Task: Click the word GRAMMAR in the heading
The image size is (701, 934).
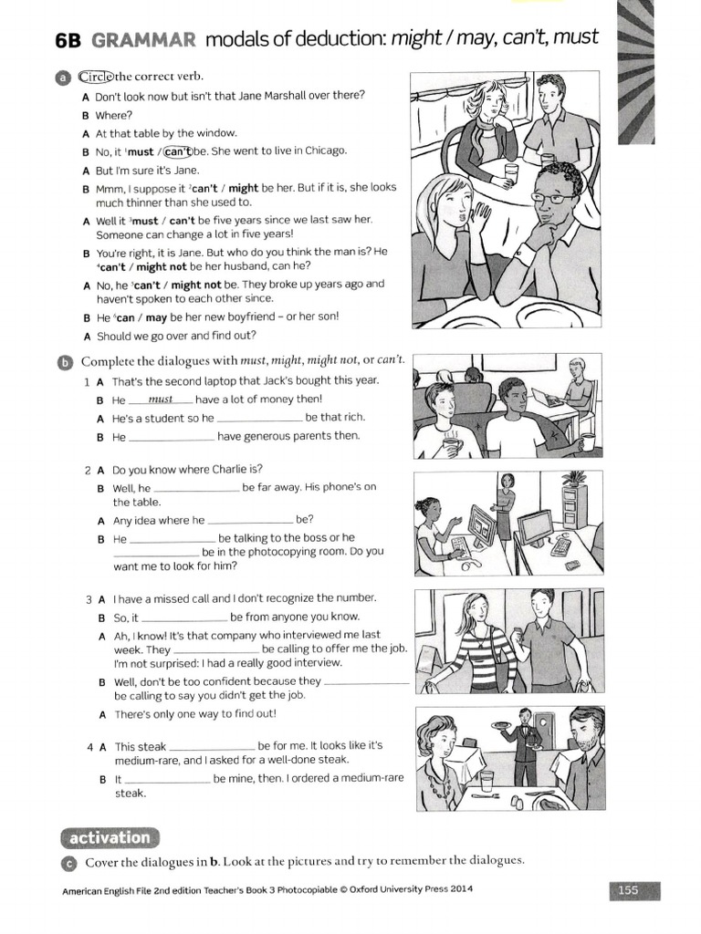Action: click(145, 38)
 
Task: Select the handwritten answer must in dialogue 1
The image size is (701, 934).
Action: click(160, 400)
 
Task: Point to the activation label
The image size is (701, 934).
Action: click(109, 837)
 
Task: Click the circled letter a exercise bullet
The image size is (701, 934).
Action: click(64, 78)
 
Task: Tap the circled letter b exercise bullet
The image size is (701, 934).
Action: click(64, 362)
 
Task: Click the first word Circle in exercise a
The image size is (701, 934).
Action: click(96, 76)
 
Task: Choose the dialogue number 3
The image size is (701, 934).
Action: click(89, 599)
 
